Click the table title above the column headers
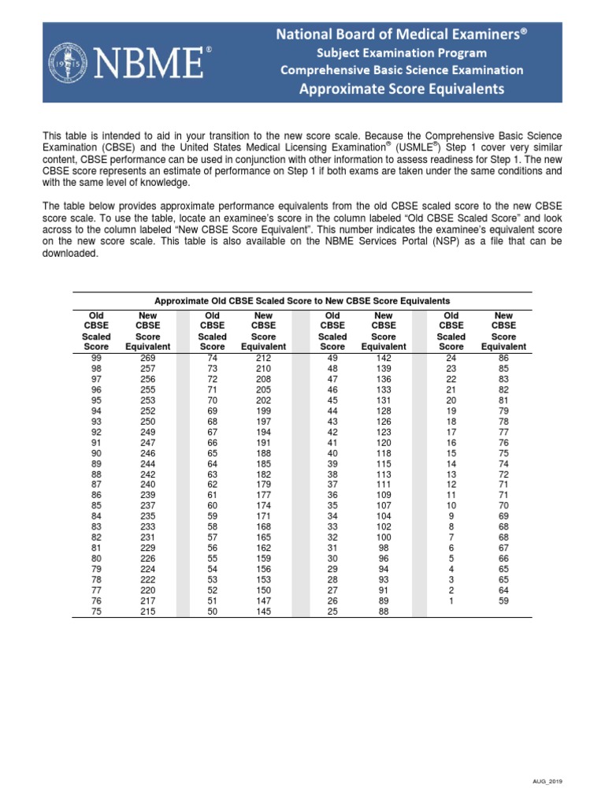click(x=302, y=301)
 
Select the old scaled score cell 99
click(x=96, y=358)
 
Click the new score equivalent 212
click(x=263, y=358)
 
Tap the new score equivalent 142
click(x=384, y=358)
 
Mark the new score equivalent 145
click(x=263, y=611)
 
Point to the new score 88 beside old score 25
click(x=384, y=611)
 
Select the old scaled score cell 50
click(x=212, y=611)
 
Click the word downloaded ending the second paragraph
click(x=70, y=255)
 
